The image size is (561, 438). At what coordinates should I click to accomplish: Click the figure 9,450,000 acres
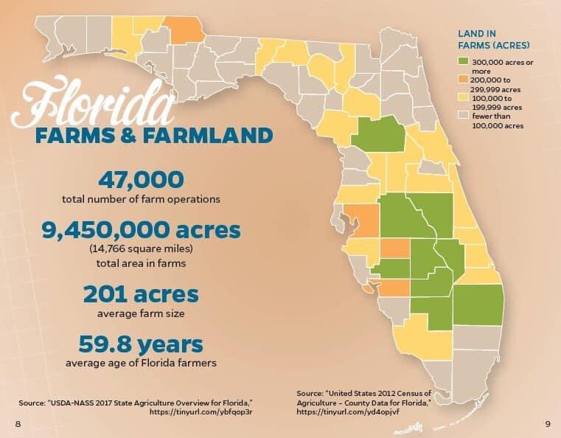pyautogui.click(x=142, y=230)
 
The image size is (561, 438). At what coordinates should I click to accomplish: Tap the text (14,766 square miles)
pyautogui.click(x=142, y=248)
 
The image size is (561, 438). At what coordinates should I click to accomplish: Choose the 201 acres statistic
pyautogui.click(x=142, y=295)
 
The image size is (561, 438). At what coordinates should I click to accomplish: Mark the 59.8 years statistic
pyautogui.click(x=142, y=344)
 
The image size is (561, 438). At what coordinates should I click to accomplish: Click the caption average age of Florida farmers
pyautogui.click(x=142, y=363)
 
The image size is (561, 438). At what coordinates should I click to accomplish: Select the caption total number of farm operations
pyautogui.click(x=142, y=198)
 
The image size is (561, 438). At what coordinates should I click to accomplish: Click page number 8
pyautogui.click(x=17, y=423)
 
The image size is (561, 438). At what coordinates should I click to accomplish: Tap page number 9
pyautogui.click(x=546, y=423)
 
